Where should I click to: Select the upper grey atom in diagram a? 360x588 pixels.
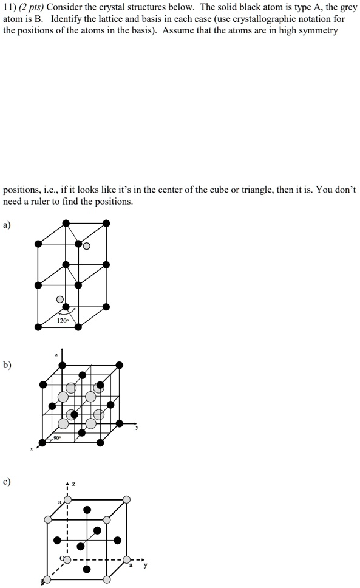pyautogui.click(x=87, y=246)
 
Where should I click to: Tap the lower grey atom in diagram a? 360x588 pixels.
pyautogui.click(x=59, y=299)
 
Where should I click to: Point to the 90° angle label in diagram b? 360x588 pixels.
pyautogui.click(x=57, y=438)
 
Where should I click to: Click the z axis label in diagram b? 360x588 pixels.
pyautogui.click(x=56, y=354)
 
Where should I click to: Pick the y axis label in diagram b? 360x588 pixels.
pyautogui.click(x=137, y=427)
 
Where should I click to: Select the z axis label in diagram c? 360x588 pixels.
pyautogui.click(x=73, y=484)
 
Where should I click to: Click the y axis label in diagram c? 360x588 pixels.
pyautogui.click(x=144, y=566)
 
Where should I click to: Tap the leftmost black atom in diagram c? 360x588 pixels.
pyautogui.click(x=58, y=539)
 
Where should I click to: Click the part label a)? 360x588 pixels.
pyautogui.click(x=7, y=225)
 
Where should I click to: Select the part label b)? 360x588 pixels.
pyautogui.click(x=7, y=364)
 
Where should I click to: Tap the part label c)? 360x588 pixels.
pyautogui.click(x=7, y=482)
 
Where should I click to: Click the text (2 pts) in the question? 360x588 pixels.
pyautogui.click(x=30, y=7)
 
